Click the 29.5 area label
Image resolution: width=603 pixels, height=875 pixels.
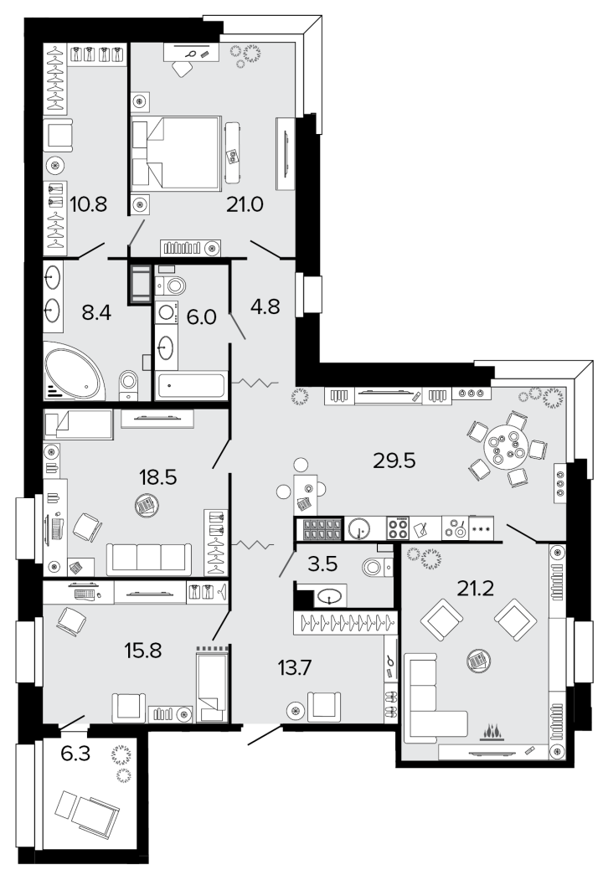coord(394,461)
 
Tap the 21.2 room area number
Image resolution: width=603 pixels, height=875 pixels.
coord(475,588)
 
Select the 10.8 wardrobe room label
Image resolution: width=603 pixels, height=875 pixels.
coord(89,204)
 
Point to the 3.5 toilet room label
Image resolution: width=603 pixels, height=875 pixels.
coord(323,564)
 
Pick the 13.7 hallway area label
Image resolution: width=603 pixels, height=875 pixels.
coord(296,667)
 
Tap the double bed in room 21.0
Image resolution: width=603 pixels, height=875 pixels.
coord(177,152)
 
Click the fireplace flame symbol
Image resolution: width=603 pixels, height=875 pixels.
coord(492,731)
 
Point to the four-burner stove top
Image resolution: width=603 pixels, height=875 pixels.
coord(398,528)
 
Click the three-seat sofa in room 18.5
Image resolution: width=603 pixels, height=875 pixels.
coord(148,558)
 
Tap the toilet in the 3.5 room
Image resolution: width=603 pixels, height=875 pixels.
coord(376,567)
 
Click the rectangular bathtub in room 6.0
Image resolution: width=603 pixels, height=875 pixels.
coord(191,386)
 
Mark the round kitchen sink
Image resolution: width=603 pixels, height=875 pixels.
coord(358,528)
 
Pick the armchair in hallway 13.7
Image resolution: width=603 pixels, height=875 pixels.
coord(323,707)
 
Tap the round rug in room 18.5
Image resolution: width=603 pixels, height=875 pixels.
coord(147,507)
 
